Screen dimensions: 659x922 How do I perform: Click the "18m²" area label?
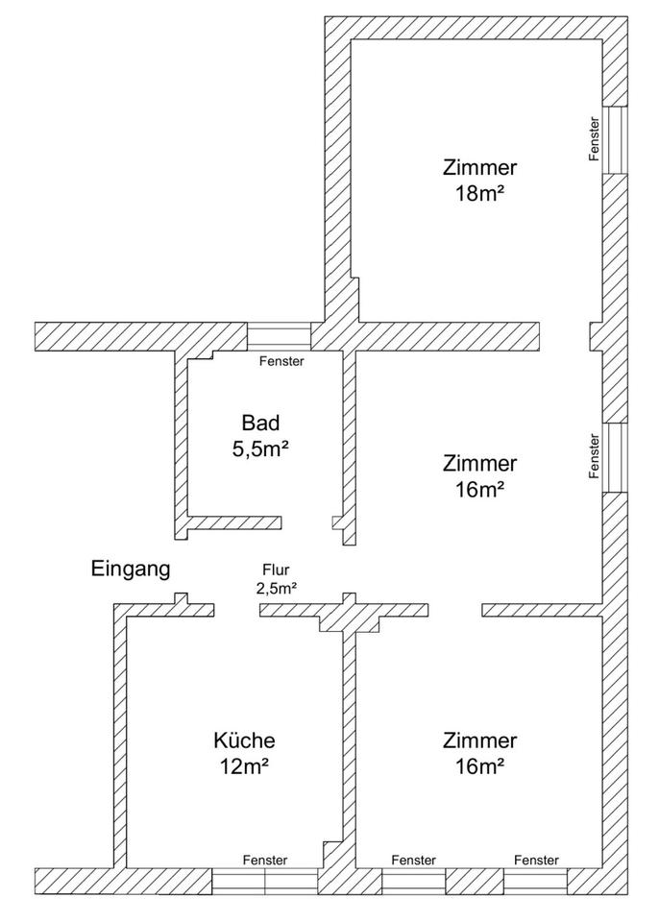click(480, 192)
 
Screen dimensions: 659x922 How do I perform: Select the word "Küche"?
click(244, 740)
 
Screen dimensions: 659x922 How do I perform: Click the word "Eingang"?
click(131, 569)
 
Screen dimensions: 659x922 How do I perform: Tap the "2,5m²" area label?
click(276, 588)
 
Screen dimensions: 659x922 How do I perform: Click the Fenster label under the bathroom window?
click(282, 362)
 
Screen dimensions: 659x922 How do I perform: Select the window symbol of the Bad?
click(279, 336)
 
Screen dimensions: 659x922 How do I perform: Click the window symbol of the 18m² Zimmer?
click(615, 139)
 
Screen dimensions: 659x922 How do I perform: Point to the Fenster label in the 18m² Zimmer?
click(596, 139)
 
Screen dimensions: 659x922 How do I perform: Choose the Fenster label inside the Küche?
click(264, 861)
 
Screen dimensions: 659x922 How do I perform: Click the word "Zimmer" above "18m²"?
click(480, 167)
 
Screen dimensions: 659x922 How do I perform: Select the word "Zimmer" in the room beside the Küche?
click(480, 740)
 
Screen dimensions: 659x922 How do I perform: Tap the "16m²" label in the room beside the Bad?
click(480, 489)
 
